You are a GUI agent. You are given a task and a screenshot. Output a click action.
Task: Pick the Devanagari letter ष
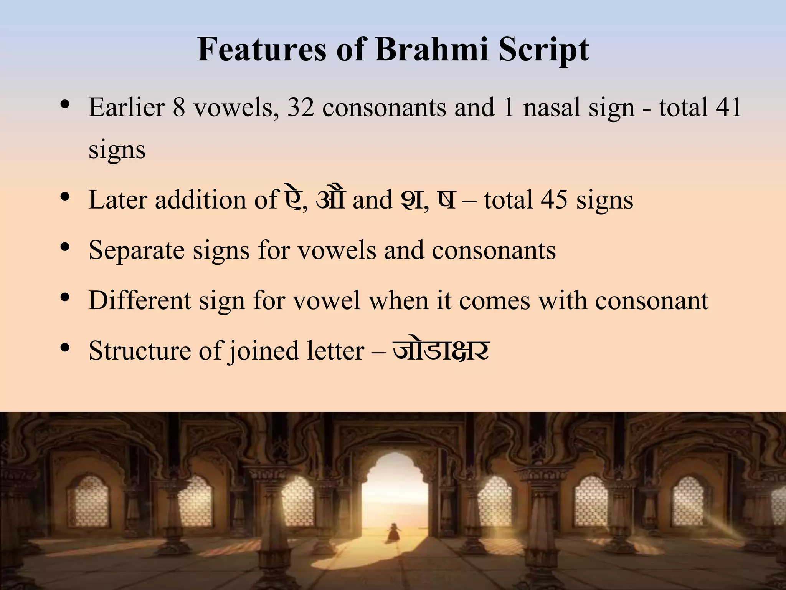[x=446, y=199]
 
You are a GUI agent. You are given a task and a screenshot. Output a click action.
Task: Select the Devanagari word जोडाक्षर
[x=441, y=350]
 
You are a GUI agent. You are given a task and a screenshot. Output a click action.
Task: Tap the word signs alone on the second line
[x=117, y=150]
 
